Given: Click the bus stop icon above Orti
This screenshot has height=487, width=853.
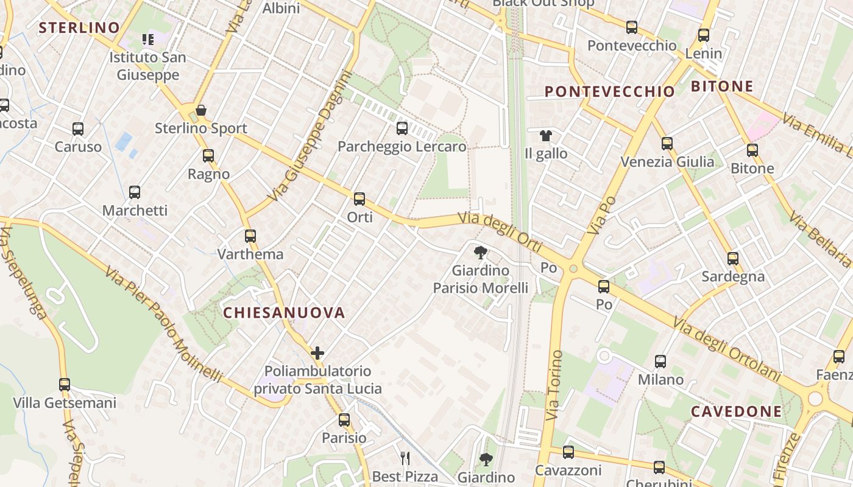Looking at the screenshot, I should [x=359, y=198].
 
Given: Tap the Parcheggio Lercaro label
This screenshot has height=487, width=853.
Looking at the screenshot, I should [x=402, y=147].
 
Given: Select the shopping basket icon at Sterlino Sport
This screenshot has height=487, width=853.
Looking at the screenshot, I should [x=200, y=110].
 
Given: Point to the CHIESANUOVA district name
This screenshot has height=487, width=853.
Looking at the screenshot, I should [x=284, y=313].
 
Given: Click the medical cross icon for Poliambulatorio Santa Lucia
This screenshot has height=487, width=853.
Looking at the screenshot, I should [x=317, y=353].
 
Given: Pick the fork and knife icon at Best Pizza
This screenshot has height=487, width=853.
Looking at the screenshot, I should [x=405, y=458].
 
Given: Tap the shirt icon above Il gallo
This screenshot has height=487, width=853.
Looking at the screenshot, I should [x=545, y=135].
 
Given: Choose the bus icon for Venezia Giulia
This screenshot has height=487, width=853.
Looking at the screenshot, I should [x=667, y=144].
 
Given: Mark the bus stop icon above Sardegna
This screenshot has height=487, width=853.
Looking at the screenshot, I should [x=733, y=258].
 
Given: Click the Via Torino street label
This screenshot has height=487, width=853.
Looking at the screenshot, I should [x=555, y=385].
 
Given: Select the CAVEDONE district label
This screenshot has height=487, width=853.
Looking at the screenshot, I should [x=735, y=412].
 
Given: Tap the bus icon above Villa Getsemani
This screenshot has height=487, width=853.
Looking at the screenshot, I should [x=65, y=385].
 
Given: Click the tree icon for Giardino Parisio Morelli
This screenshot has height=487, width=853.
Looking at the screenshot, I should [x=480, y=252].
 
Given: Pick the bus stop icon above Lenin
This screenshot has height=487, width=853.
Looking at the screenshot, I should [x=704, y=35].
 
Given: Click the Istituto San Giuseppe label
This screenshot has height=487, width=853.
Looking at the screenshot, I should [x=147, y=66].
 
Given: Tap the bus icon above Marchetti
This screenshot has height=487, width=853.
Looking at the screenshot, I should [x=135, y=192].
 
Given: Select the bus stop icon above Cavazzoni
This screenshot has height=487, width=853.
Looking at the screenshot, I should [x=568, y=452].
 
